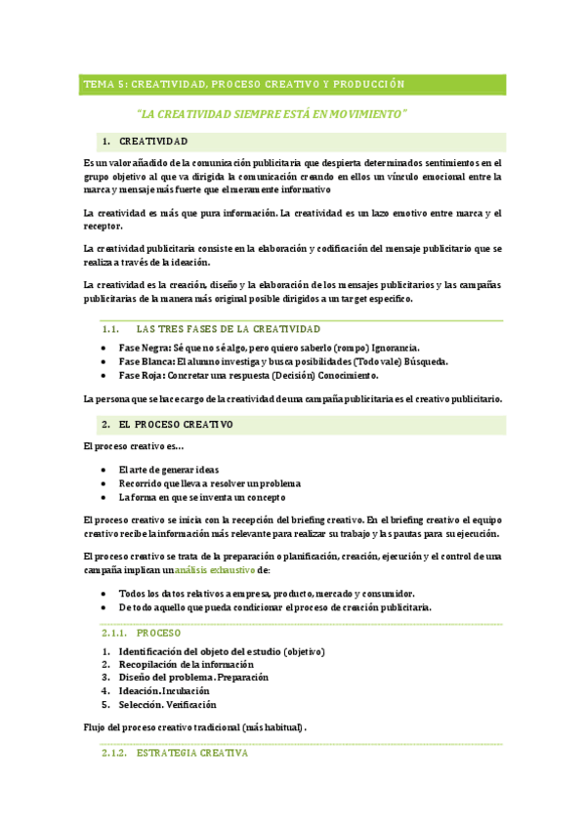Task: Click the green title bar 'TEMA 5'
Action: pyautogui.click(x=243, y=84)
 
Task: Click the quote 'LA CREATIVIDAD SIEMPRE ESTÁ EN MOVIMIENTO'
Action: pyautogui.click(x=272, y=114)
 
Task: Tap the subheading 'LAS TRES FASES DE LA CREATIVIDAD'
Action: pyautogui.click(x=228, y=329)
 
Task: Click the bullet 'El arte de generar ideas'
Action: pyautogui.click(x=168, y=470)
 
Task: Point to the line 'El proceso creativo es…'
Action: pyautogui.click(x=134, y=446)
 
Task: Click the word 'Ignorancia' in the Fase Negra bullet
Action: pyautogui.click(x=393, y=348)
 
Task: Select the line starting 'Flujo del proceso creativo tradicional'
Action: pyautogui.click(x=195, y=727)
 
